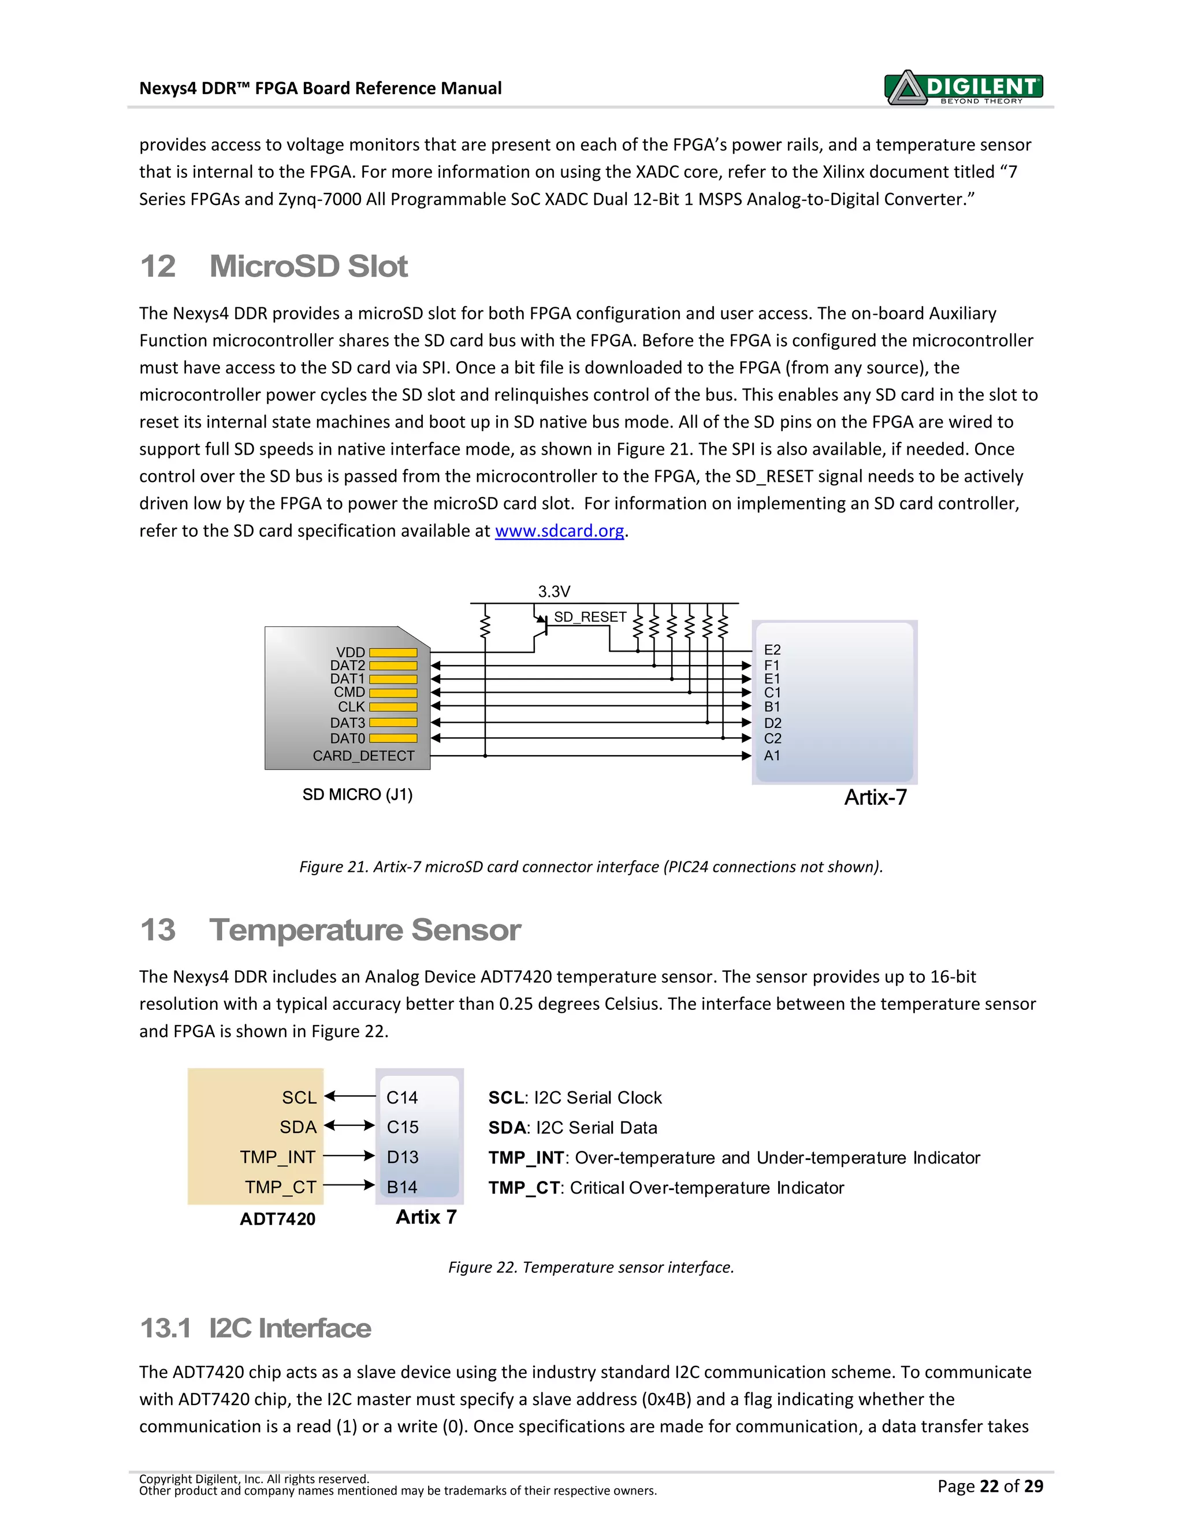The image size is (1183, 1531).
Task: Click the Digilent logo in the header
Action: tap(963, 88)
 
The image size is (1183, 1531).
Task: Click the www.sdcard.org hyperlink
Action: tap(559, 531)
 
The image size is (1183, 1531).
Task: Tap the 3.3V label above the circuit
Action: tap(553, 591)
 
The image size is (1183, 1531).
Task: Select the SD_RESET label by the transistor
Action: tap(589, 617)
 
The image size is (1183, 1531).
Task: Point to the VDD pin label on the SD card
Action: tap(351, 652)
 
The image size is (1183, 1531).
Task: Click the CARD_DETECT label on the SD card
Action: tap(363, 756)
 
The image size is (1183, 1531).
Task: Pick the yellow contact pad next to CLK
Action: tap(393, 707)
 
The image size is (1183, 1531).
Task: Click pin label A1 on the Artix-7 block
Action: tap(772, 756)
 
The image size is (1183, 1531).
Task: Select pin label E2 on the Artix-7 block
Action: tap(772, 650)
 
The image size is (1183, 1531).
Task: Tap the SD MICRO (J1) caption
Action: tap(358, 794)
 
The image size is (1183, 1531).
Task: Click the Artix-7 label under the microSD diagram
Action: tap(875, 797)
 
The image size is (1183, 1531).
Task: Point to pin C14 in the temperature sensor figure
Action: tap(401, 1098)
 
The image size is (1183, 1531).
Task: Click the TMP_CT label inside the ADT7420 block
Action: tap(280, 1187)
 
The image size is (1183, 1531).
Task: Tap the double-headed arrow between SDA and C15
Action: tap(349, 1127)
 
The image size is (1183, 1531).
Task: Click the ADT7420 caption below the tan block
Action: tap(277, 1219)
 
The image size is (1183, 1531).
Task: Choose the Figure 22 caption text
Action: tap(591, 1268)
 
